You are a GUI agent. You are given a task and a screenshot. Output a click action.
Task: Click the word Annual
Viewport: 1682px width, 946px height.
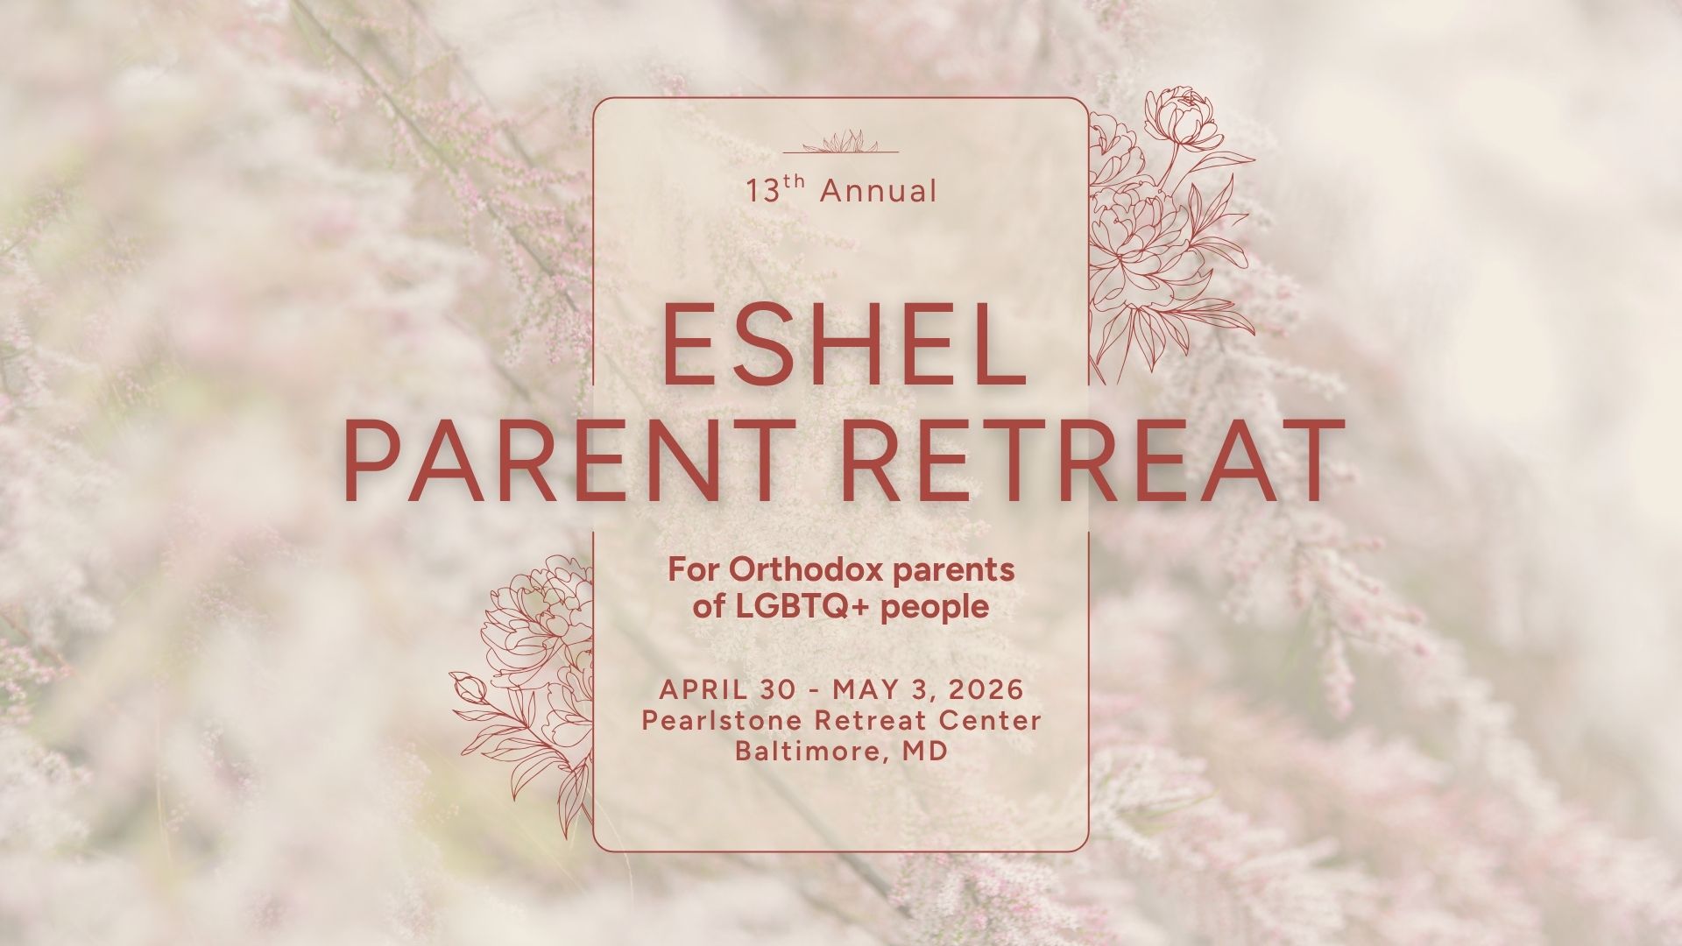tap(878, 191)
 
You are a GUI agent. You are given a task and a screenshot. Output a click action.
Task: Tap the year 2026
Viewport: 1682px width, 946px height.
tap(986, 689)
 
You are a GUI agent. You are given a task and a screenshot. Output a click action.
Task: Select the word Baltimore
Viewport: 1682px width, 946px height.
tap(802, 752)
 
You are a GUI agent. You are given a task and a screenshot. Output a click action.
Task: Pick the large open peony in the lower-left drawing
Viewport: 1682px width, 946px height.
tap(534, 613)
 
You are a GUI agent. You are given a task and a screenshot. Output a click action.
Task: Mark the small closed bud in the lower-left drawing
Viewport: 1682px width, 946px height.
tap(471, 690)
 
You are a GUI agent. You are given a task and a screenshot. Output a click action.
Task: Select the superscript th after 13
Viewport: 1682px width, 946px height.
tap(793, 182)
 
